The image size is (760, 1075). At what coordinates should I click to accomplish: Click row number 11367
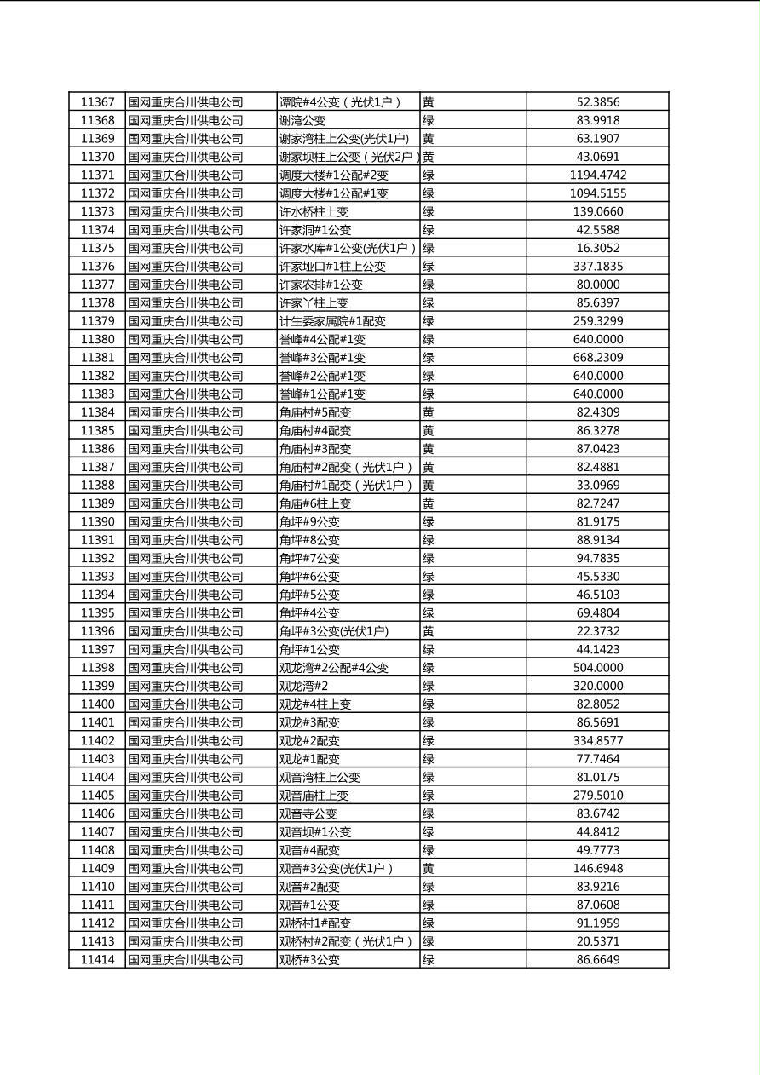tap(97, 102)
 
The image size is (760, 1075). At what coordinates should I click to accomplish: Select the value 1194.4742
tap(597, 175)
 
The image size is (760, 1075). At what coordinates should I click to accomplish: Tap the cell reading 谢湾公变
tap(302, 121)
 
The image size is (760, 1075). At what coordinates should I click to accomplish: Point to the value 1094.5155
tap(597, 193)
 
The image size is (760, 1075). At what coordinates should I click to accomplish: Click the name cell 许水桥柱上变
tap(314, 212)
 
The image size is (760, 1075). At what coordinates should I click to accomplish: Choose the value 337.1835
tap(597, 267)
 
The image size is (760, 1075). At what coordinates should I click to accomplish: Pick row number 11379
tap(97, 321)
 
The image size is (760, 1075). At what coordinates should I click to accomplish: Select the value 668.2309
tap(597, 358)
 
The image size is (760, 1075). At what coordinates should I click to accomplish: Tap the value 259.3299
tap(597, 321)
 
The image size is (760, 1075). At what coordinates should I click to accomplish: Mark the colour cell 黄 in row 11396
tap(429, 631)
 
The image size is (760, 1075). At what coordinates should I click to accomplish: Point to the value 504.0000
tap(597, 668)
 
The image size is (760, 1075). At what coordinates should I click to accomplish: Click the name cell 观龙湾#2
tap(303, 686)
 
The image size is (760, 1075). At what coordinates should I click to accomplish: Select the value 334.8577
tap(597, 741)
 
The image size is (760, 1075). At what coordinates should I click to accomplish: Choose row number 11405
tap(97, 796)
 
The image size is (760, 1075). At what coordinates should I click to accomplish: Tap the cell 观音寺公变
tap(308, 813)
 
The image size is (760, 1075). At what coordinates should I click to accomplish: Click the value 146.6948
tap(597, 869)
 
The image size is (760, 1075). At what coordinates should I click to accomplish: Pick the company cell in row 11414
tap(186, 960)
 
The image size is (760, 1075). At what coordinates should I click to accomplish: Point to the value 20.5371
tap(597, 941)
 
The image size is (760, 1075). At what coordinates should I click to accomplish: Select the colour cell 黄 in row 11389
tap(429, 503)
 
